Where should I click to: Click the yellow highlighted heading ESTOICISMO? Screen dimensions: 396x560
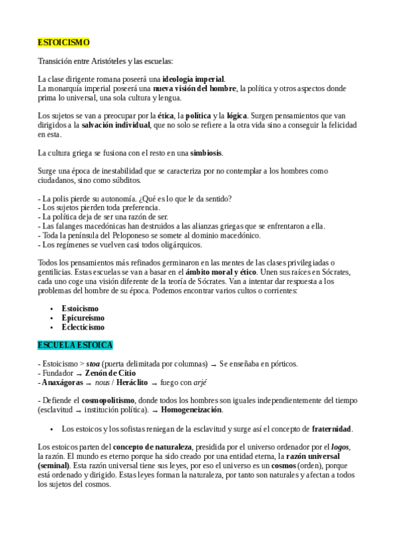point(63,42)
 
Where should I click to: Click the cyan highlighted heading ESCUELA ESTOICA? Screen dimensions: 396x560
point(75,345)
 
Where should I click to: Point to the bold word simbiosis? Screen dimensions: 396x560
point(206,153)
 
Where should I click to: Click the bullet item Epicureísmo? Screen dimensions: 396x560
point(83,318)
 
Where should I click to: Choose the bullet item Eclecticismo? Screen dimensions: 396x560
point(83,327)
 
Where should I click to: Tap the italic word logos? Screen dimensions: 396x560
point(340,447)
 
